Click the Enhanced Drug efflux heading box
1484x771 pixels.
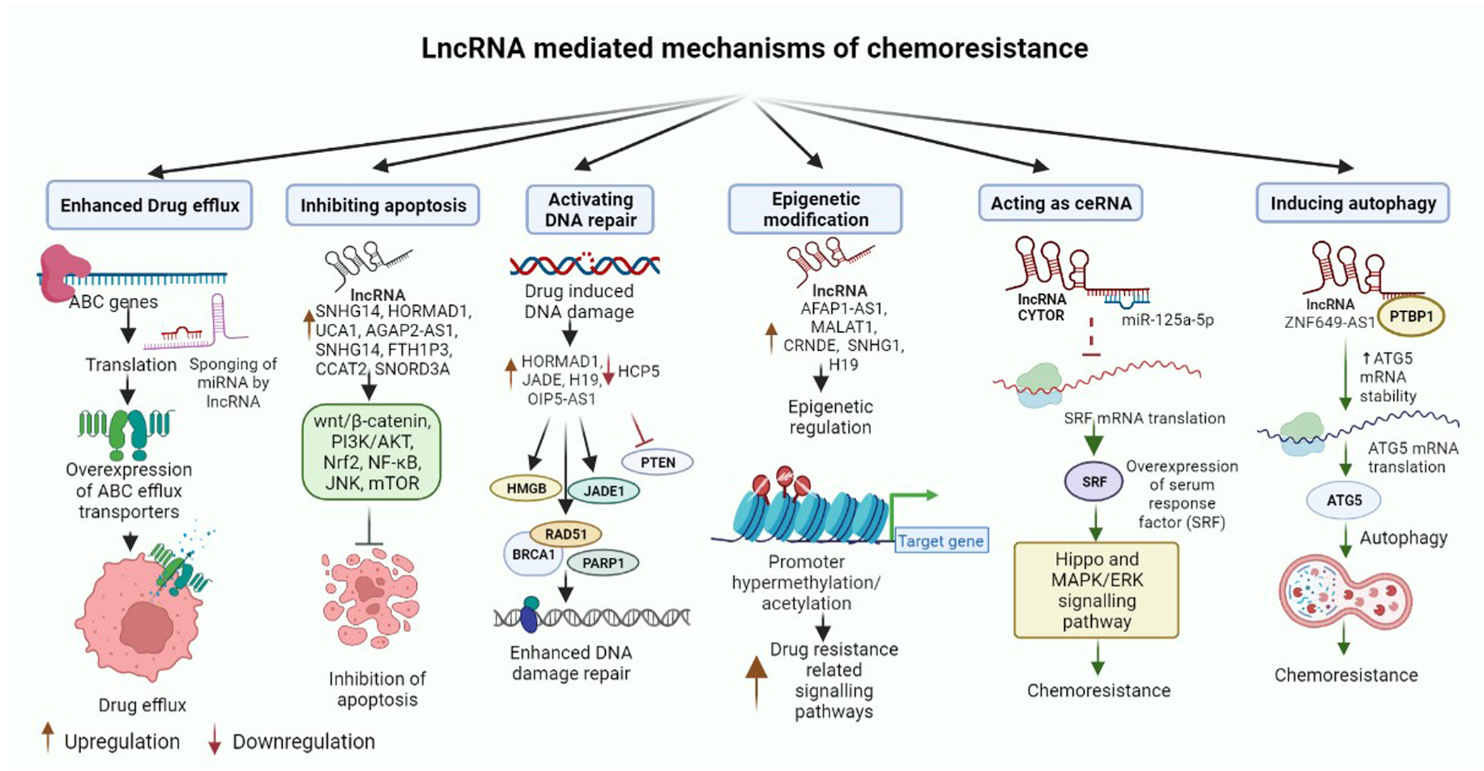(150, 205)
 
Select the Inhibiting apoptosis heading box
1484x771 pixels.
(383, 205)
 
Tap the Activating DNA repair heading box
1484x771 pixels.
(590, 210)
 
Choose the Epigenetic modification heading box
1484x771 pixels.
(815, 210)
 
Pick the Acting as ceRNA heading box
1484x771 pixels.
(1061, 203)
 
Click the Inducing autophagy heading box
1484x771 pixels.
(1353, 203)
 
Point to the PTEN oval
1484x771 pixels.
(657, 463)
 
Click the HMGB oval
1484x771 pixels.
(526, 488)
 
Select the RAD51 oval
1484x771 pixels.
(566, 534)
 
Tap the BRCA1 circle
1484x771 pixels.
(533, 554)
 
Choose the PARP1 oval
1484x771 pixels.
(603, 563)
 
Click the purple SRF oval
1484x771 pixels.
(1094, 482)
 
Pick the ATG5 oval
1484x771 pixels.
(1344, 500)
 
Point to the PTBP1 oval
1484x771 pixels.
(1411, 317)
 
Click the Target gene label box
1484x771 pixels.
(941, 541)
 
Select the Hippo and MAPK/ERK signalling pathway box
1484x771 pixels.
(1096, 590)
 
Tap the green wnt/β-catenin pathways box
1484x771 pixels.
(371, 452)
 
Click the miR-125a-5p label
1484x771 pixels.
(1167, 320)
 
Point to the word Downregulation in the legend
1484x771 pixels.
(303, 741)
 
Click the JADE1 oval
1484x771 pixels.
(604, 491)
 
